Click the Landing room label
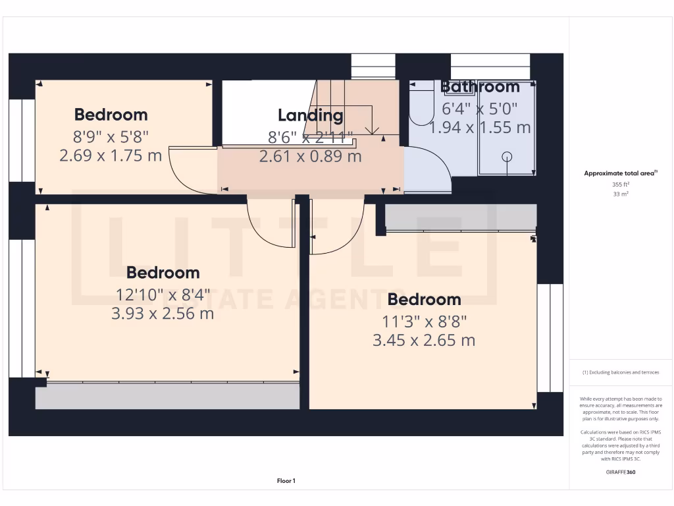coord(310,115)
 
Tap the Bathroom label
coord(480,86)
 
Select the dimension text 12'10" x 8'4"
coord(163,294)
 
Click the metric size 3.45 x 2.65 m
coord(424,341)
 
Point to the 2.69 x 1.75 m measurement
coord(111,156)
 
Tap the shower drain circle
coord(507,157)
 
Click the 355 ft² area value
coord(621,184)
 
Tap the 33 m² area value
coord(621,194)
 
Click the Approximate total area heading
coord(621,173)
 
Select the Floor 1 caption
coord(286,481)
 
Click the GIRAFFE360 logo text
coord(621,472)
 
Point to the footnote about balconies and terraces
coord(621,372)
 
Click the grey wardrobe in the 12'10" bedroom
coord(168,396)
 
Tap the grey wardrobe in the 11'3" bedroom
coord(461,217)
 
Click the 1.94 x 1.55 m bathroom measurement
coord(480,128)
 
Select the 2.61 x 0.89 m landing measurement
coord(310,157)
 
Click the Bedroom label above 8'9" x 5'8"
coord(111,115)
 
